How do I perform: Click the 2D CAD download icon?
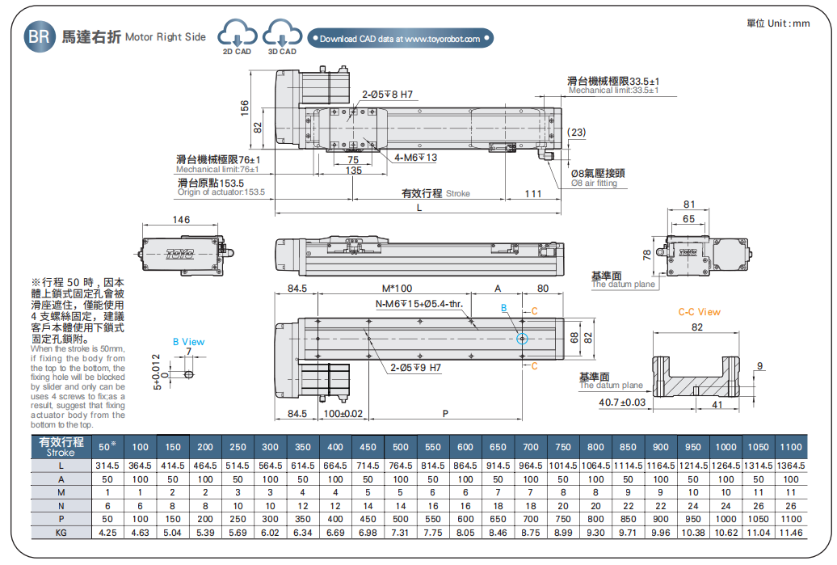pos(238,36)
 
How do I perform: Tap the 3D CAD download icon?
pos(282,36)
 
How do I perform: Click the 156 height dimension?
pos(245,108)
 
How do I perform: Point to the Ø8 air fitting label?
pos(598,178)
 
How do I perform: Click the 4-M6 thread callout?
pos(415,158)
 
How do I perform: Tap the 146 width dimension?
pos(182,220)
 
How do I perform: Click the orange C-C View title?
pos(699,312)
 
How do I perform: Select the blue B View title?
pos(188,342)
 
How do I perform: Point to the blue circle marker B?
pos(521,339)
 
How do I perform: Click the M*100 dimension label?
pos(397,289)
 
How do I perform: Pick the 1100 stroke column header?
pos(791,447)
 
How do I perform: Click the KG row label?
pos(61,533)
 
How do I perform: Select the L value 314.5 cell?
pos(107,466)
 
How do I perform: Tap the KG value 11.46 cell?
pos(791,533)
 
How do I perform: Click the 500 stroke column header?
pos(401,447)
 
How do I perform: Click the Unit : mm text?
pos(778,23)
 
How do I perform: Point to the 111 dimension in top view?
pos(533,193)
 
